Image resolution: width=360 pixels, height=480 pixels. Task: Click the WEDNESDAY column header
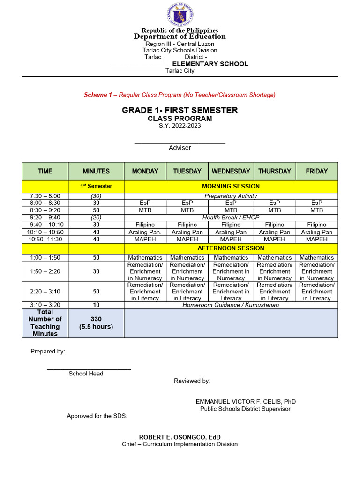point(231,171)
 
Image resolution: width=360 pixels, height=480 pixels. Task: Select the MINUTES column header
point(96,171)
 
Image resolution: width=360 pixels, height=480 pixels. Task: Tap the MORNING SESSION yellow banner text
point(231,186)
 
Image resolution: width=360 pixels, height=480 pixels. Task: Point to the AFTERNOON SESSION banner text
point(231,248)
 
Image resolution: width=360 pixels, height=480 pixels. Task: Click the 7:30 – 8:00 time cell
point(45,196)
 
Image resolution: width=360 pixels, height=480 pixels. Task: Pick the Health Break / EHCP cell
point(231,217)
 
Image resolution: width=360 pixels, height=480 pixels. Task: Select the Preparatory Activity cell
point(231,196)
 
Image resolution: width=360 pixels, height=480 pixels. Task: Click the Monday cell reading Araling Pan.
point(145,232)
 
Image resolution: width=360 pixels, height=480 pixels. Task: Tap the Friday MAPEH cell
point(316,240)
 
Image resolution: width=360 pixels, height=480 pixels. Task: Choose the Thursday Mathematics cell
point(274,257)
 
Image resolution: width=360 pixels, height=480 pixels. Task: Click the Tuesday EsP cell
point(187,203)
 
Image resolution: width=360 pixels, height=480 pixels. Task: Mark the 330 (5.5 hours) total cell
point(96,323)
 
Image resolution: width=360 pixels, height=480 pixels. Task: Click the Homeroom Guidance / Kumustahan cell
point(231,305)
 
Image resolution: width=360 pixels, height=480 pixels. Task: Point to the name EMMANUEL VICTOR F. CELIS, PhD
point(246,402)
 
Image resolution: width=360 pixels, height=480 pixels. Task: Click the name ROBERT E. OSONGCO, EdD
point(180,437)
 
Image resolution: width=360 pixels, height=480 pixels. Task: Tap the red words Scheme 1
point(98,95)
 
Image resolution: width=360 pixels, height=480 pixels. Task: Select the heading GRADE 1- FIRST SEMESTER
point(180,110)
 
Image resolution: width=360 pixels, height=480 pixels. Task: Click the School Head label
point(86,374)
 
